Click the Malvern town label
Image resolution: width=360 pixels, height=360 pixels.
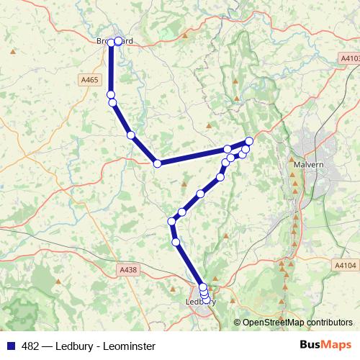coord(310,164)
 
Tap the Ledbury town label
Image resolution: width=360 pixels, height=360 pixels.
coord(201,302)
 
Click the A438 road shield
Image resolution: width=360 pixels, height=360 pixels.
coord(127,269)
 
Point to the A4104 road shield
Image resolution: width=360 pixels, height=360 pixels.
coord(346,266)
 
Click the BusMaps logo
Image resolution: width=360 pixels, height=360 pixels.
coord(325,346)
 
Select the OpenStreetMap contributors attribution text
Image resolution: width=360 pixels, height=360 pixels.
coord(297,323)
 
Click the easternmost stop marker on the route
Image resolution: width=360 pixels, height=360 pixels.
coord(249,141)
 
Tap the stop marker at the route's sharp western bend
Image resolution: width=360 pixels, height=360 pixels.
coord(157,163)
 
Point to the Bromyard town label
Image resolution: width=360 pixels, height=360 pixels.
coord(115,41)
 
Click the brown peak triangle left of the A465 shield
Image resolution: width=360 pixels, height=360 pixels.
coord(12,52)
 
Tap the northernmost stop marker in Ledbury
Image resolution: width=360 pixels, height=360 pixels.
coord(202,287)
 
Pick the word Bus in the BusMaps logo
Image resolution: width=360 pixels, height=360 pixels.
coord(312,346)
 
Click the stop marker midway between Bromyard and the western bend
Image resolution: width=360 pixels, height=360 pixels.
coord(130,135)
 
